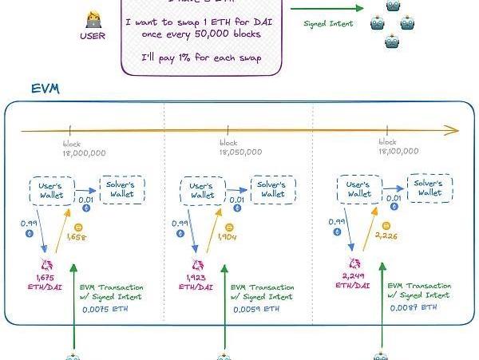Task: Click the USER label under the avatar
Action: tap(93, 34)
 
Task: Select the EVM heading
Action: tap(46, 89)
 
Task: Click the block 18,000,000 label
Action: tap(83, 148)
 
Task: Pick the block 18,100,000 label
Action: tap(398, 147)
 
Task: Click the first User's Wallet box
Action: tap(52, 190)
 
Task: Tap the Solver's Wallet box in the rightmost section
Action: tap(430, 188)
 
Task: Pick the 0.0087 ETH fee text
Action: tap(414, 307)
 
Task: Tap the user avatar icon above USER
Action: tap(93, 16)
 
